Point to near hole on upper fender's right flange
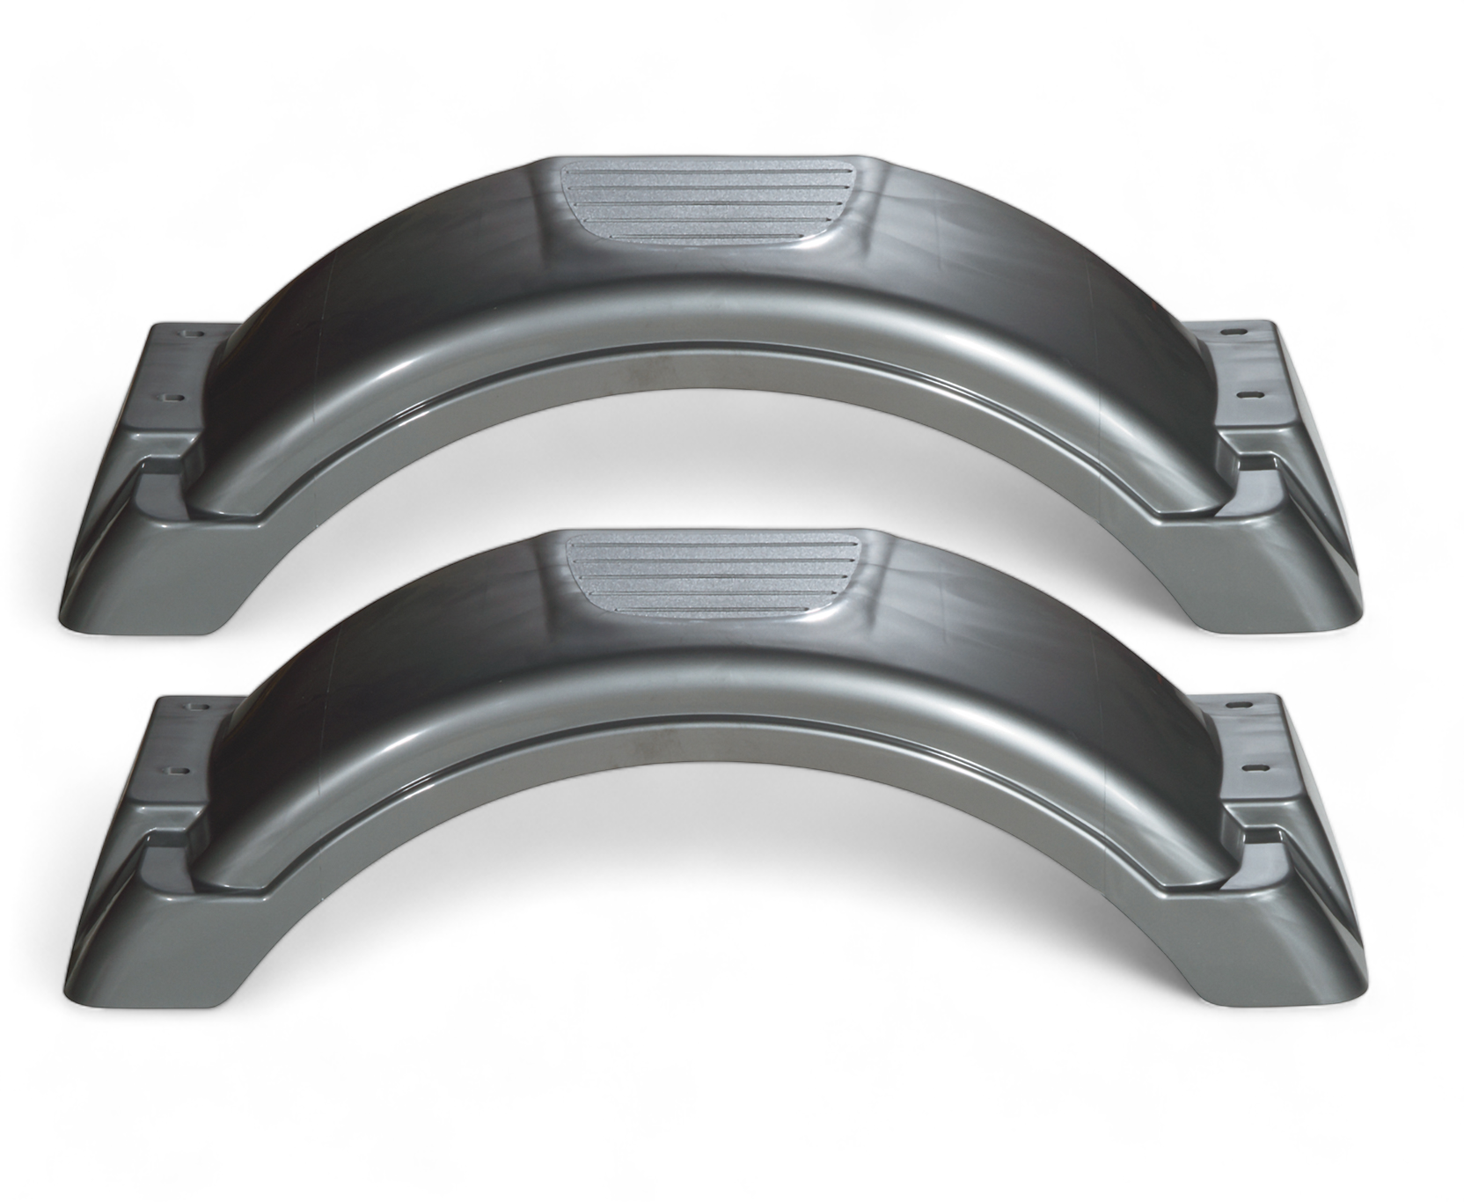point(1247,394)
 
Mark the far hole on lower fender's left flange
point(193,706)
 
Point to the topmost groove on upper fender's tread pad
point(704,172)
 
